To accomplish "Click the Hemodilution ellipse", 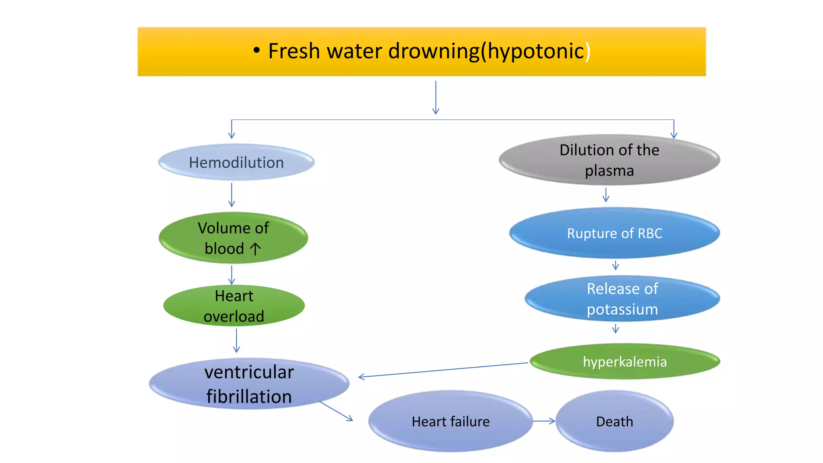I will pos(236,162).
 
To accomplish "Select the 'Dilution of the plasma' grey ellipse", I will pos(609,160).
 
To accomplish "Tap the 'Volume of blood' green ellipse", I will pos(233,238).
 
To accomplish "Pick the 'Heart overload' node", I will pos(234,306).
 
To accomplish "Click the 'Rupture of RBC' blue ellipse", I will pos(614,233).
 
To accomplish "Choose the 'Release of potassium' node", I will pos(622,299).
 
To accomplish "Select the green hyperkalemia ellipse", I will pos(625,361).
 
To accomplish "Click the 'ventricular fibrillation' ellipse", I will pos(249,384).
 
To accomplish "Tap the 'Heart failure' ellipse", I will pos(450,421).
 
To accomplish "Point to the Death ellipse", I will pos(614,421).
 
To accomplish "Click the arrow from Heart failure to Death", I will pos(544,421).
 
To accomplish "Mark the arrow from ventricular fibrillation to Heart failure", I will pos(336,411).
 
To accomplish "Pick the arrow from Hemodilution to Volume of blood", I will pos(231,195).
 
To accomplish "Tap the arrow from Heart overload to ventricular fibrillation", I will pos(236,340).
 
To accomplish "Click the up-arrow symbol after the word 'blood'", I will pos(255,249).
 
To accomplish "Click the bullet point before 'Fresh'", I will pos(257,51).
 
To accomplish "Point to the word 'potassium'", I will pos(622,309).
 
